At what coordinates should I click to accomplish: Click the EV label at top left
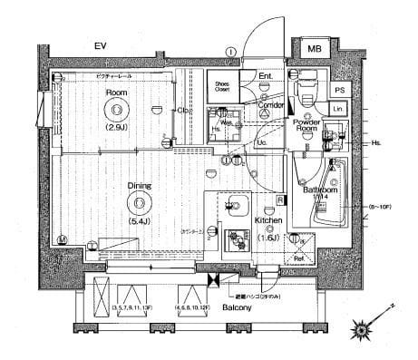point(103,46)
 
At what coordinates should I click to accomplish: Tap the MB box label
point(314,48)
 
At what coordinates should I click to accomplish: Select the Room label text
point(116,92)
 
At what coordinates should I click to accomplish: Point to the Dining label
point(138,186)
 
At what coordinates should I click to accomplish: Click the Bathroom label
point(320,190)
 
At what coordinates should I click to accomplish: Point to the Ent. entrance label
point(266,75)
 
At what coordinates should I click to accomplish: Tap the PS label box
point(339,90)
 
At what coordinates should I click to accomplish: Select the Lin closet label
point(337,110)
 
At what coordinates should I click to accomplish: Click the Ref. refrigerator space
point(296,256)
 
